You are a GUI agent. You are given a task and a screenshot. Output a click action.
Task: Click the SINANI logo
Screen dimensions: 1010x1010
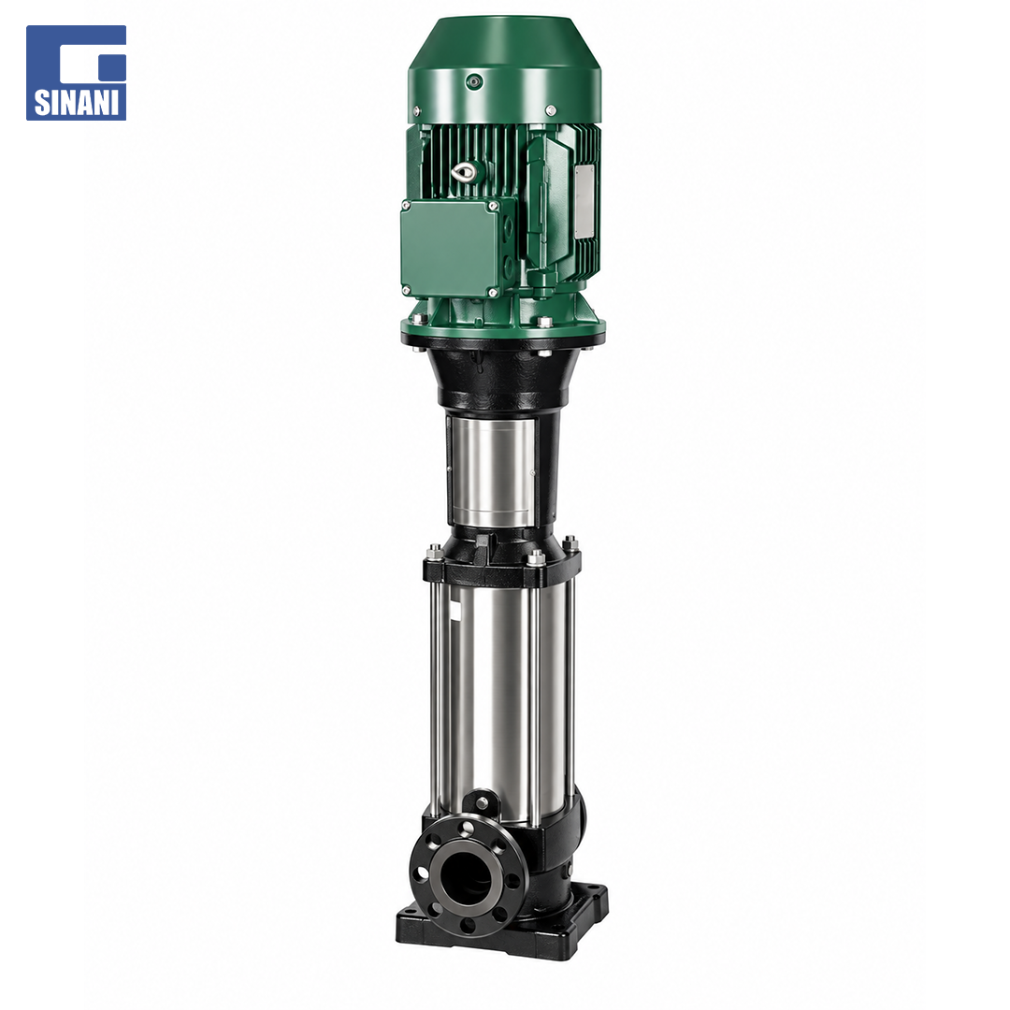click(x=76, y=73)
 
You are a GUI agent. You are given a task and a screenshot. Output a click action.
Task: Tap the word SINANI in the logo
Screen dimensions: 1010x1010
click(x=76, y=103)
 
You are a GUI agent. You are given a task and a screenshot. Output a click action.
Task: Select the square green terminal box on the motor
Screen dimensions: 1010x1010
click(x=450, y=248)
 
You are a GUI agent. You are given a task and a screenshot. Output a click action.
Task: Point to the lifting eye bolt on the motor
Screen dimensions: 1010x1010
click(x=463, y=171)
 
